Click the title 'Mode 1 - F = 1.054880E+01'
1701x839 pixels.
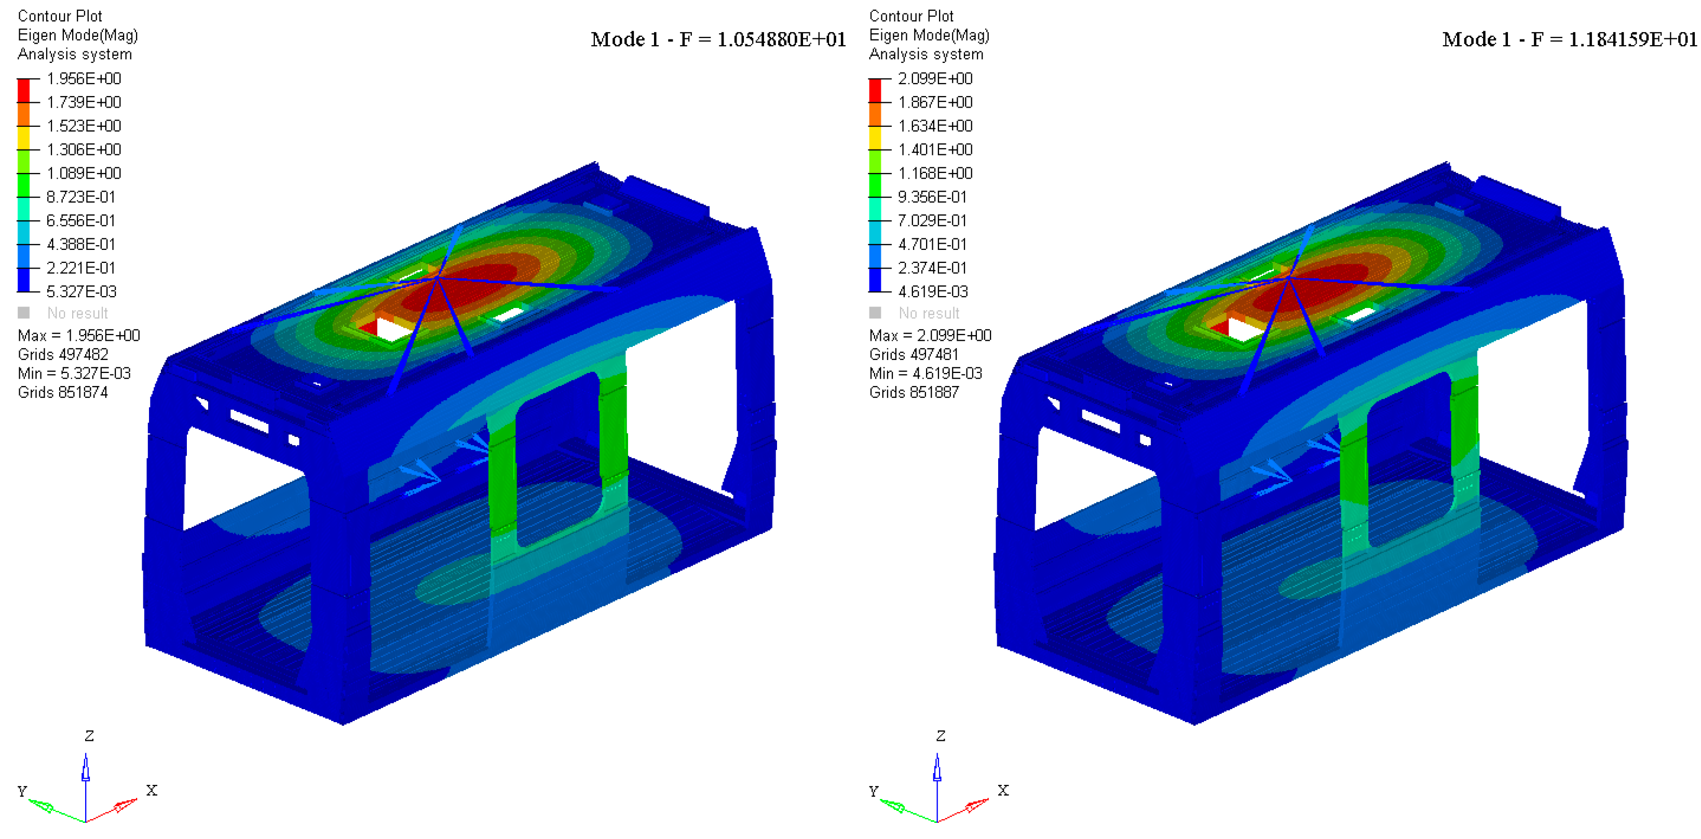(x=718, y=39)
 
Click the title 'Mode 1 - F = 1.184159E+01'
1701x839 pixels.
(x=1570, y=39)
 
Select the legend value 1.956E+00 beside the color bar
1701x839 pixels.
(x=84, y=78)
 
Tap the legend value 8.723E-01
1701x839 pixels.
(x=81, y=197)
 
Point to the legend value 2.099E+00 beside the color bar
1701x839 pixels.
(x=935, y=78)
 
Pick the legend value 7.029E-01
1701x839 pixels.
(x=932, y=221)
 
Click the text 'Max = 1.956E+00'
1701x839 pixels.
(x=78, y=336)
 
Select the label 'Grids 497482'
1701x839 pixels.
(x=63, y=355)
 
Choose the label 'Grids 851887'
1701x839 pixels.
(x=914, y=392)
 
